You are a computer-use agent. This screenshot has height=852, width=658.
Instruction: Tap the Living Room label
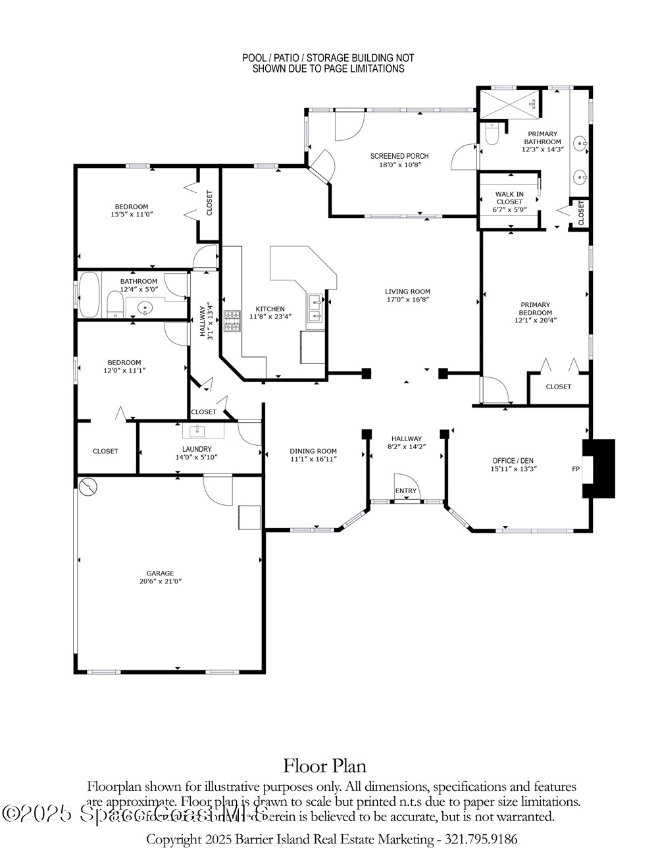pyautogui.click(x=407, y=292)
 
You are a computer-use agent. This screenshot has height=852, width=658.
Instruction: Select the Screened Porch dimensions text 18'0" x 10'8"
pyautogui.click(x=399, y=165)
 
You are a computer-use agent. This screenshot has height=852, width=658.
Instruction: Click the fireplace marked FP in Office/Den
pyautogui.click(x=598, y=469)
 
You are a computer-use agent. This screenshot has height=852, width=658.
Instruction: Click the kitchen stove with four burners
pyautogui.click(x=233, y=321)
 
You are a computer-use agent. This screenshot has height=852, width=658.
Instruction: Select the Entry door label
pyautogui.click(x=406, y=491)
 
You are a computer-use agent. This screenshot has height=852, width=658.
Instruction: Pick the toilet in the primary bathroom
pyautogui.click(x=492, y=134)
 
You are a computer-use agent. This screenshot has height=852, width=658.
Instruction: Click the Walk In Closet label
pyautogui.click(x=509, y=198)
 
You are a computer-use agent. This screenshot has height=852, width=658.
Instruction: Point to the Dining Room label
pyautogui.click(x=313, y=451)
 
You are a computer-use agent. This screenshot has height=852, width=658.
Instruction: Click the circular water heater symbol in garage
pyautogui.click(x=88, y=487)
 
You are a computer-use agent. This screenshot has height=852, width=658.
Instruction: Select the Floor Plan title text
pyautogui.click(x=324, y=766)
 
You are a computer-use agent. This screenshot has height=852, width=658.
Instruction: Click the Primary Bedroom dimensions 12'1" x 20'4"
pyautogui.click(x=535, y=321)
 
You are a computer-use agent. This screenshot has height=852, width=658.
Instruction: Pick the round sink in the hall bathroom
pyautogui.click(x=145, y=306)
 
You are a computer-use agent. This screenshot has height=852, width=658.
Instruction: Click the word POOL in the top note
pyautogui.click(x=254, y=59)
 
